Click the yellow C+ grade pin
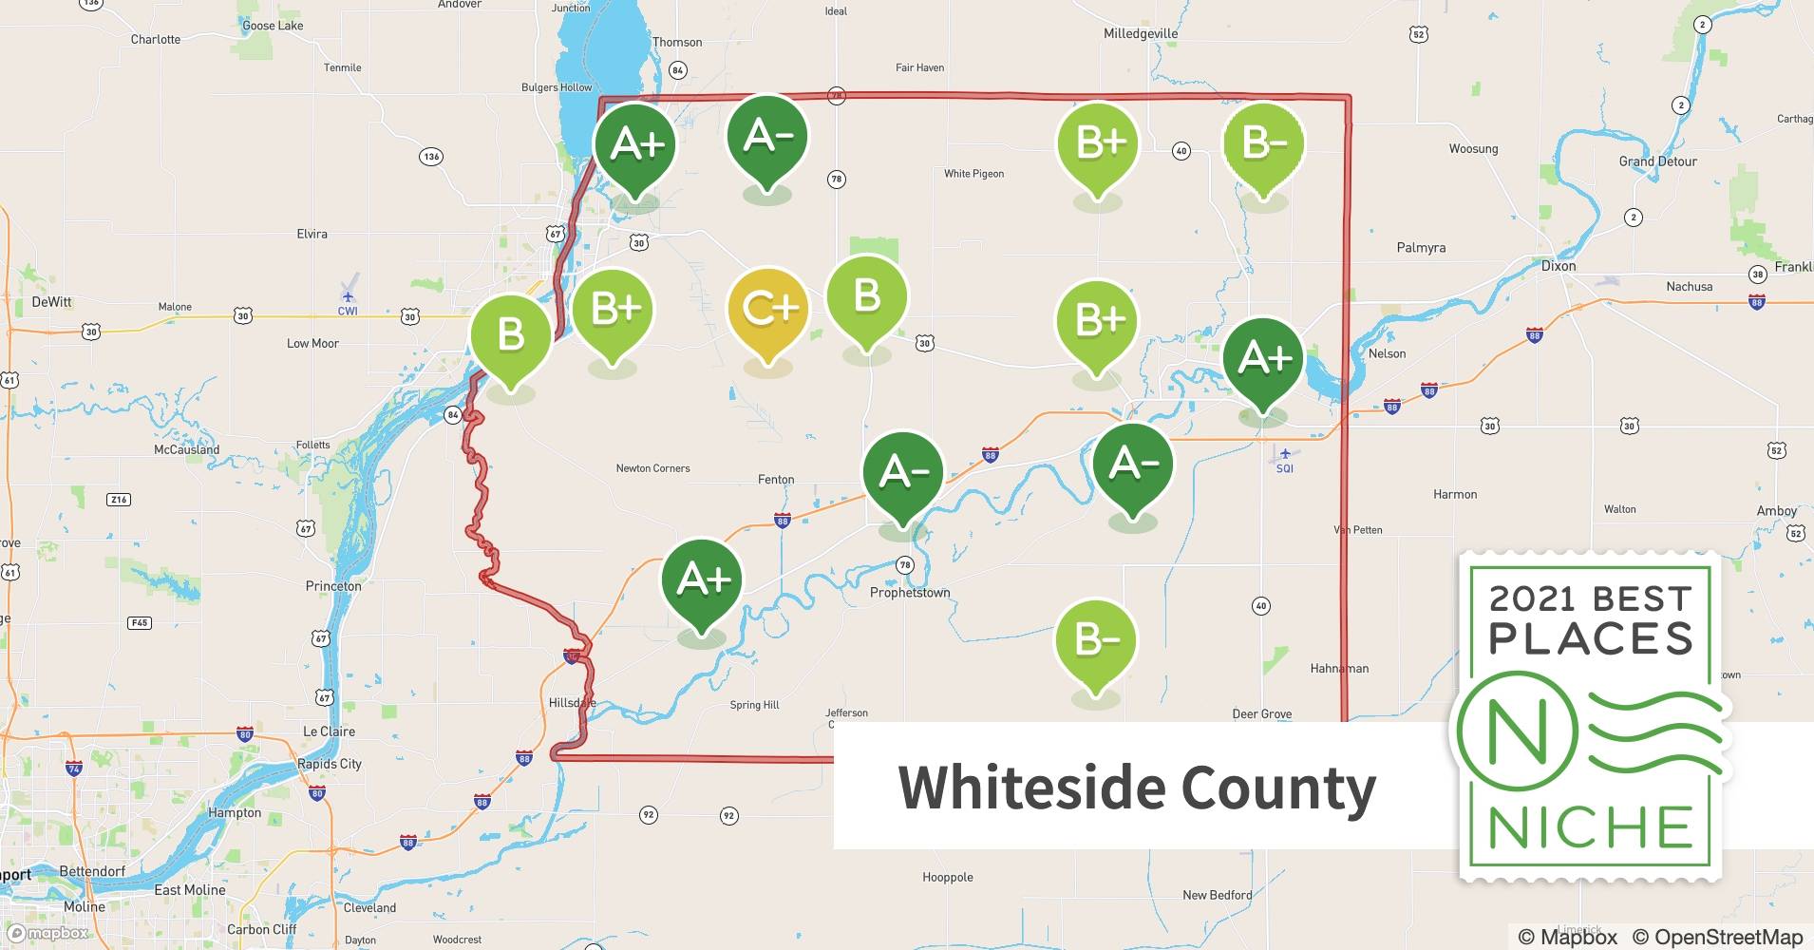click(767, 310)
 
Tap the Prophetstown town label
click(910, 593)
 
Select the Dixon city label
click(1558, 266)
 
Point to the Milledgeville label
click(1140, 33)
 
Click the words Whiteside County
click(1137, 788)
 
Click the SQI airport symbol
click(1285, 454)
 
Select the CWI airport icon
click(349, 295)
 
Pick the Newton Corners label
click(652, 468)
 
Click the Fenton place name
click(776, 480)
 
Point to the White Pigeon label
click(973, 174)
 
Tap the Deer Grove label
click(1261, 714)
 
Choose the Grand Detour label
click(1657, 161)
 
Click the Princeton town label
click(333, 586)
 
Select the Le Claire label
click(329, 731)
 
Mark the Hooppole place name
click(947, 877)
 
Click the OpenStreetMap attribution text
click(1717, 937)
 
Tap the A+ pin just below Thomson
click(634, 144)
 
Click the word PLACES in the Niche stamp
click(1591, 637)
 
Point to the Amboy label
click(1776, 511)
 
